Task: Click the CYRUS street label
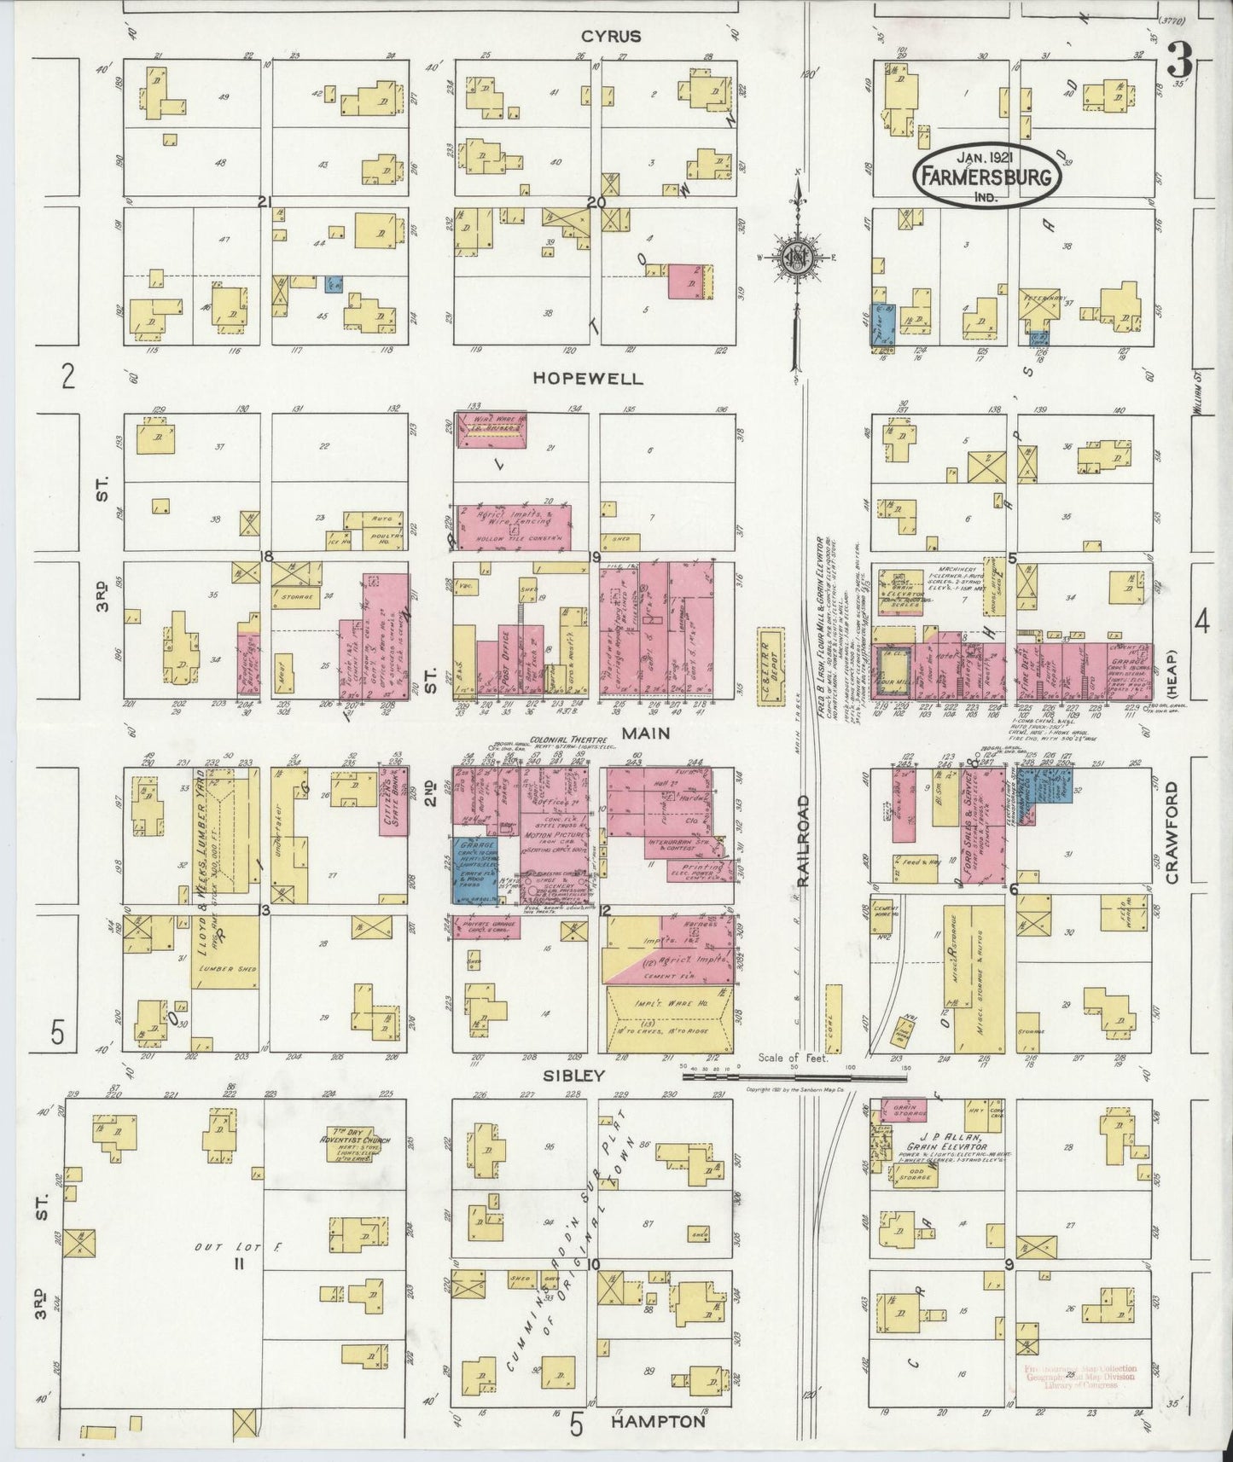611,37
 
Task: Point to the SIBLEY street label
585,1076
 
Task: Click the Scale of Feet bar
794,1077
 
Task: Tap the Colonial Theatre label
556,740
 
